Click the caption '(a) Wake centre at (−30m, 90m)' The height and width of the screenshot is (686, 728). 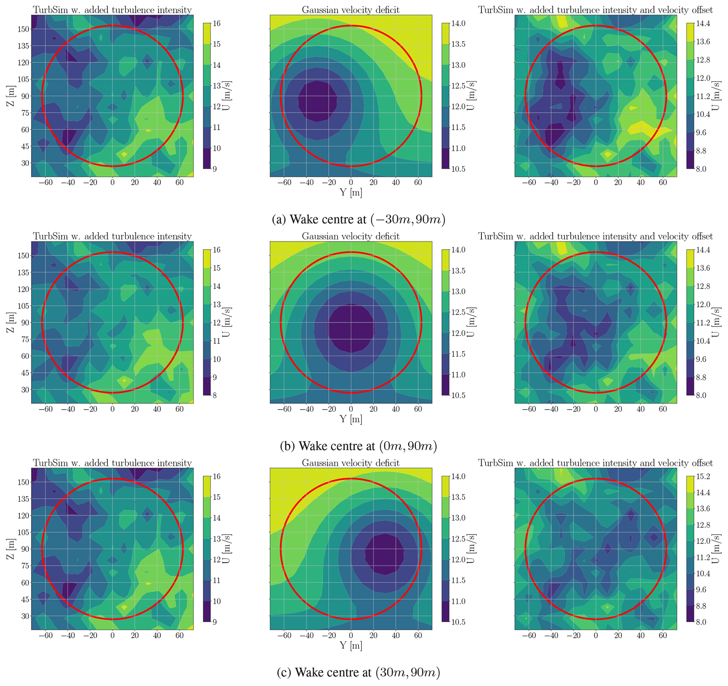[x=359, y=220]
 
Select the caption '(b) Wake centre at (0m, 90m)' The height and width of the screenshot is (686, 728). [x=359, y=446]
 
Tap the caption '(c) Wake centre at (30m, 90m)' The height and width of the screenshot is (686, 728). [x=359, y=673]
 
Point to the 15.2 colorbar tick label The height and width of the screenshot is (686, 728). [x=703, y=476]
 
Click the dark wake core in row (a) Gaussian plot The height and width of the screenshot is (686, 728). [x=317, y=101]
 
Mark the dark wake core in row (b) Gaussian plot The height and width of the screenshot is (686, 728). [x=351, y=328]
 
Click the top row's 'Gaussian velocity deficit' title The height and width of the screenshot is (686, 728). [x=350, y=10]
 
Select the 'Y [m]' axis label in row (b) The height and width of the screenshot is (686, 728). [x=350, y=419]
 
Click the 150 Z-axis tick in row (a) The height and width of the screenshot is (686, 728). [x=24, y=29]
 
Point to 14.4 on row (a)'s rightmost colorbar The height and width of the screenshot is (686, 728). [x=703, y=24]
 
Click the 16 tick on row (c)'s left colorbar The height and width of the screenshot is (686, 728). [x=216, y=476]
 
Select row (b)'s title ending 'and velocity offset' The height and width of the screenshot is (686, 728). [x=596, y=236]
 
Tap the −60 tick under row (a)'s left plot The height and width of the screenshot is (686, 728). [x=46, y=183]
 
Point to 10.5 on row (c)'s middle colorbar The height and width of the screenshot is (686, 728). [x=458, y=622]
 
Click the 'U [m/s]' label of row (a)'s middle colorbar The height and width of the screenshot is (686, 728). [x=471, y=96]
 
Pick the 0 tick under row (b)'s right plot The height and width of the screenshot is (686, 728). [x=596, y=409]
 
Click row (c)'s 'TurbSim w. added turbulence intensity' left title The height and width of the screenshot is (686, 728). [x=112, y=463]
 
